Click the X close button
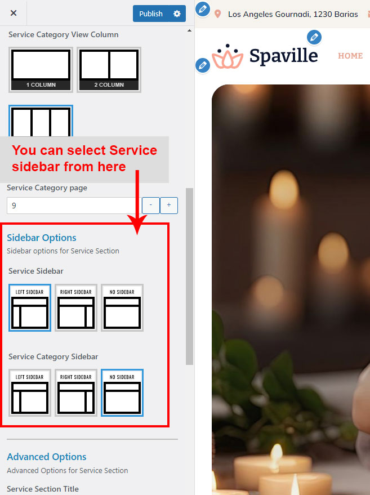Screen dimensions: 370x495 [14, 13]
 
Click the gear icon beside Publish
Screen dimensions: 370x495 [177, 14]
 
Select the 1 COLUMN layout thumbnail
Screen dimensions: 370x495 [41, 70]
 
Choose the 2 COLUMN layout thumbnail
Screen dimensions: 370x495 [109, 70]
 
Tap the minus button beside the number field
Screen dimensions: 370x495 [150, 206]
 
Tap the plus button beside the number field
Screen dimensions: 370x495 [169, 206]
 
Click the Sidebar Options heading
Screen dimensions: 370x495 [42, 238]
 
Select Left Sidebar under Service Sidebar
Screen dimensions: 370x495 [30, 308]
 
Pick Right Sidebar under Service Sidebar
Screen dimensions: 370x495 [76, 308]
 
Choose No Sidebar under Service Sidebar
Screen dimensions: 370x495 [122, 308]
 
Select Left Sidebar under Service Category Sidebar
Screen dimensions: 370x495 [30, 393]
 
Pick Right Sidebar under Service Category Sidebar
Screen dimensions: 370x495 [76, 393]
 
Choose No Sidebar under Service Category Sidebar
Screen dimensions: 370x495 [122, 393]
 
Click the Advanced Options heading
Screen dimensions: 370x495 [47, 457]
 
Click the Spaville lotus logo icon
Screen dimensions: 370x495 [228, 56]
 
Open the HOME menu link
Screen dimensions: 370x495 [350, 56]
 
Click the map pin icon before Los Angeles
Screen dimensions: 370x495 [217, 14]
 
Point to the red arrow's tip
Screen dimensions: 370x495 [137, 234]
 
